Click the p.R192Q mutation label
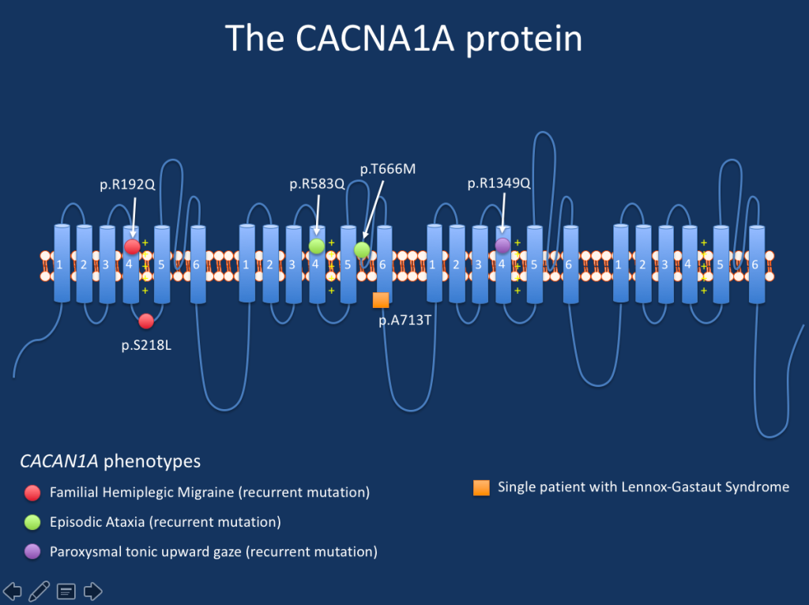[x=127, y=185]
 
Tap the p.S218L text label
[x=146, y=344]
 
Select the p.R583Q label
[x=317, y=184]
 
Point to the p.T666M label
[x=387, y=169]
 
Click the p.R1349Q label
[x=499, y=183]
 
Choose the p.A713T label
[x=404, y=321]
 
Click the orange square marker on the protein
[x=381, y=299]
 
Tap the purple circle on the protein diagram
[x=502, y=246]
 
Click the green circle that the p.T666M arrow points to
[x=362, y=250]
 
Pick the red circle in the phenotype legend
[x=32, y=493]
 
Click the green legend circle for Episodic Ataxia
[x=32, y=522]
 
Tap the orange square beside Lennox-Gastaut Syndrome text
[x=481, y=487]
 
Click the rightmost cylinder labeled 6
[x=756, y=263]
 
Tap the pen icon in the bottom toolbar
[x=40, y=590]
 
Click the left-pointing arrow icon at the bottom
[x=13, y=590]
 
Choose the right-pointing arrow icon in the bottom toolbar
[x=93, y=590]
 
